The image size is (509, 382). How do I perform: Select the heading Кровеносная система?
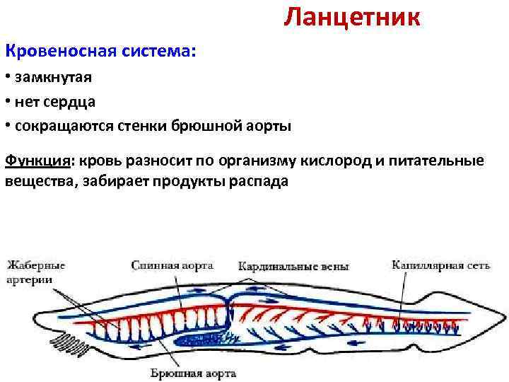coord(100,52)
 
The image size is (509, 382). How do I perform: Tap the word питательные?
coord(438,161)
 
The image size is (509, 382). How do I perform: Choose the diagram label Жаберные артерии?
coord(36,272)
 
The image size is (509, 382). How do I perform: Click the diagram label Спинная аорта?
coord(172,265)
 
